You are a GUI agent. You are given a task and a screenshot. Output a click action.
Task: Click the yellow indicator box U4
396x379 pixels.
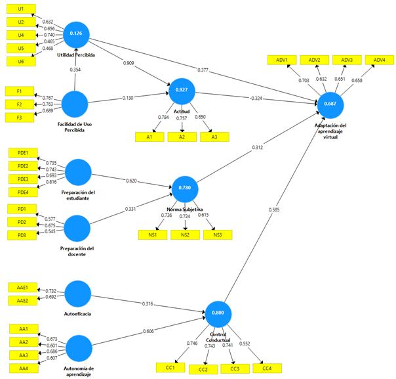[21, 35]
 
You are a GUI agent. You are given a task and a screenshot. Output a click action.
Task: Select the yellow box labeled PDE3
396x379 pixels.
[23, 179]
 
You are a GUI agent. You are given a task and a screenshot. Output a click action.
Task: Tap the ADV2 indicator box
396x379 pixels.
[315, 60]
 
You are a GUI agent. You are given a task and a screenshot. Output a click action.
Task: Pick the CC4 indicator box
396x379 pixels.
[267, 368]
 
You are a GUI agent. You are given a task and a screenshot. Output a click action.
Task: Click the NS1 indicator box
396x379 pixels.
[153, 234]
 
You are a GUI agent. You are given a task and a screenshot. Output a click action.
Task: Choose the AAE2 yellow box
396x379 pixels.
[22, 301]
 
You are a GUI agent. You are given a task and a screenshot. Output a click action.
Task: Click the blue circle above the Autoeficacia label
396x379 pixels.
[77, 294]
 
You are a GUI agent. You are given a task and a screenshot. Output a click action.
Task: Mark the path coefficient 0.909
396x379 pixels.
[129, 63]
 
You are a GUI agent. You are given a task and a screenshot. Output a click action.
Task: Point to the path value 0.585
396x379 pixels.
[274, 210]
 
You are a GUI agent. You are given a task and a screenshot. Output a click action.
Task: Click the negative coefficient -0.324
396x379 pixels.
[256, 98]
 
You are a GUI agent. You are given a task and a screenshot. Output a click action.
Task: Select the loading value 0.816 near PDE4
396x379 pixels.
[51, 182]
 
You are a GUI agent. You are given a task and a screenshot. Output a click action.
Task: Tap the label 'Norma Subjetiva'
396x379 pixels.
[185, 210]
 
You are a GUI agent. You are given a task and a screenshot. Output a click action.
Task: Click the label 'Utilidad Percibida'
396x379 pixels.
[76, 55]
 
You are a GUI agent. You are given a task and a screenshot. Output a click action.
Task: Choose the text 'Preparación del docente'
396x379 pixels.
[77, 251]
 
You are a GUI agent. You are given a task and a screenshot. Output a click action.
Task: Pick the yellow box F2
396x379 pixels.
[20, 104]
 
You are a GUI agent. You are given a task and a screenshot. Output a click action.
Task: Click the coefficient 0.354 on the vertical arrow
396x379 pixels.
[75, 70]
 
